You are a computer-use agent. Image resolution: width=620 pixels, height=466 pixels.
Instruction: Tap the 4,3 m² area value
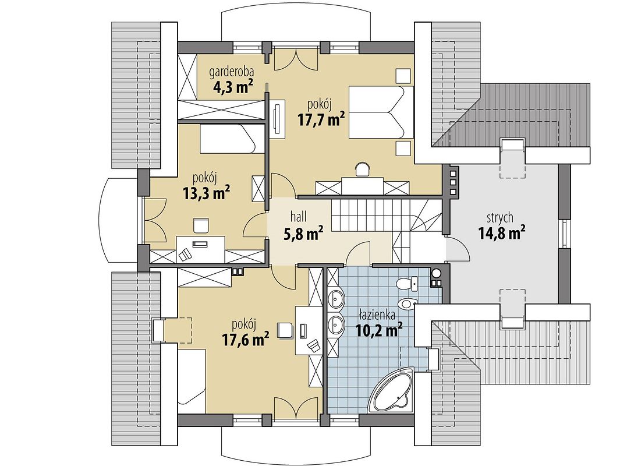click(x=233, y=87)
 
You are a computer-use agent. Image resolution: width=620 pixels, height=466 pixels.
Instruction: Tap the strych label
click(x=500, y=218)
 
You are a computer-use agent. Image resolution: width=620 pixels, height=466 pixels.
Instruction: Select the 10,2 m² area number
click(x=379, y=330)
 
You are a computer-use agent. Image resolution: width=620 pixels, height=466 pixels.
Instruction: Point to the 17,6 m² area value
click(x=246, y=339)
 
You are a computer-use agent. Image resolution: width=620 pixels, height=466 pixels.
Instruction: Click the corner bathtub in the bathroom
click(x=392, y=391)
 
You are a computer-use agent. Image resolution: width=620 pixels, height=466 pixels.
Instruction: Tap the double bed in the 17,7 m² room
click(x=381, y=112)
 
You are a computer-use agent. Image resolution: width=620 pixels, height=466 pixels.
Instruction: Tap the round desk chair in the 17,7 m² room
click(x=363, y=168)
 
